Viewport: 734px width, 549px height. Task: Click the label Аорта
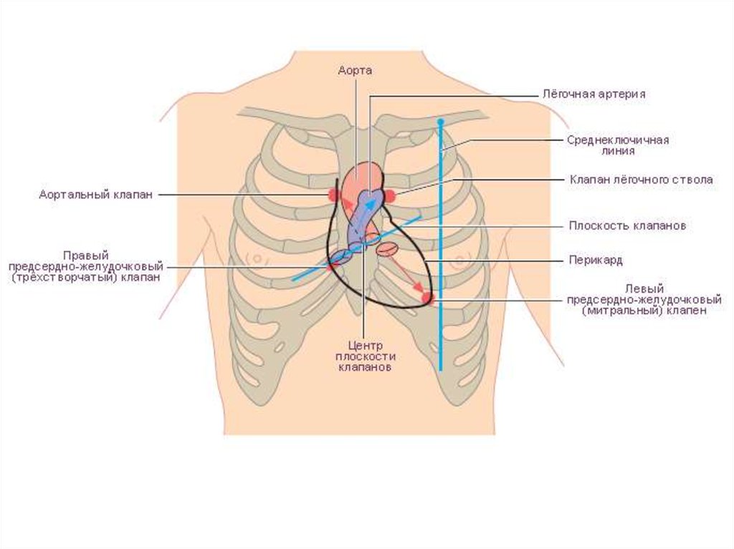[x=356, y=70]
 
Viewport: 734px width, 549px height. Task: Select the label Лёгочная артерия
[x=594, y=94]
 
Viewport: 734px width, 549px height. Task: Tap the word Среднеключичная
[x=618, y=140]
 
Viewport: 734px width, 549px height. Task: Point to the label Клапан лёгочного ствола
[x=641, y=180]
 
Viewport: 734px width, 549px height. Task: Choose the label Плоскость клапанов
[x=628, y=225]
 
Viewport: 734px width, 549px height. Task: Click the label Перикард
[x=596, y=259]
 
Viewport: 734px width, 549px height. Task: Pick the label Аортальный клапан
[x=95, y=195]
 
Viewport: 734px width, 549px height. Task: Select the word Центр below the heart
[x=366, y=344]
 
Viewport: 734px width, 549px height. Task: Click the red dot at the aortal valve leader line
[x=334, y=195]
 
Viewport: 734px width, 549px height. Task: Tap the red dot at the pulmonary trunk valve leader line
[x=391, y=195]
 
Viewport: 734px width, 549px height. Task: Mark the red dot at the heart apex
[x=428, y=298]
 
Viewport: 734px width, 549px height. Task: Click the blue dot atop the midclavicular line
[x=441, y=123]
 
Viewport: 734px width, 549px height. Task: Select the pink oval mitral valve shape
[x=388, y=248]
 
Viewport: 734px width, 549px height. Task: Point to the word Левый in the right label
[x=643, y=288]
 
